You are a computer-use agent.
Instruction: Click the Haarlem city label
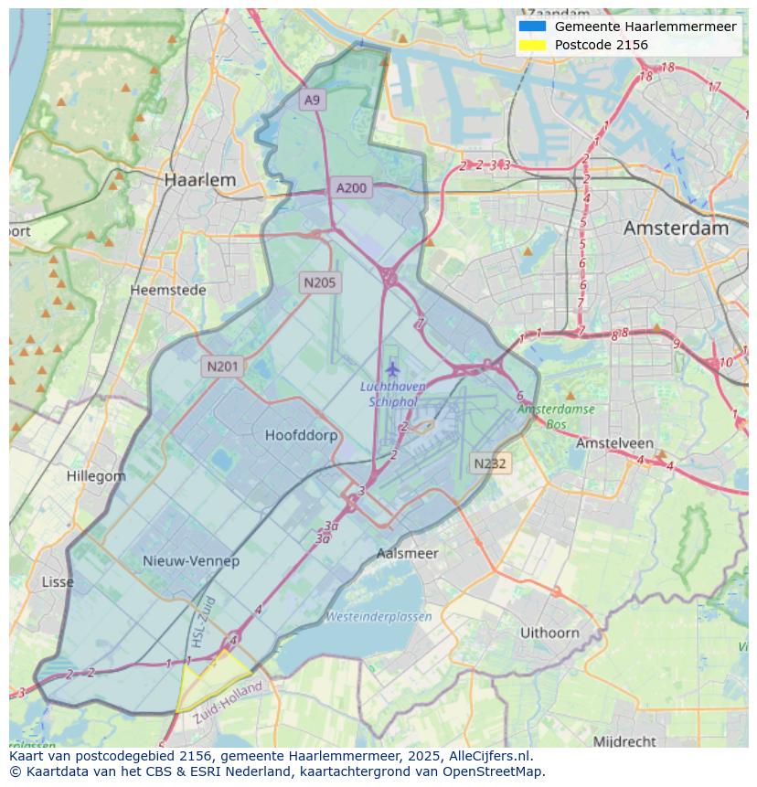pyautogui.click(x=199, y=180)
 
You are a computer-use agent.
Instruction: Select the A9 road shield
pyautogui.click(x=313, y=100)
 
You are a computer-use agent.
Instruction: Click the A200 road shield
pyautogui.click(x=351, y=188)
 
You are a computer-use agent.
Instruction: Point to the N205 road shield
pyautogui.click(x=320, y=282)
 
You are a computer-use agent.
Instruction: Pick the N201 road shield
pyautogui.click(x=222, y=367)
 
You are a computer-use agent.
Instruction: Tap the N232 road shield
pyautogui.click(x=490, y=463)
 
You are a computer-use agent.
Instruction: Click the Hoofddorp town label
pyautogui.click(x=301, y=435)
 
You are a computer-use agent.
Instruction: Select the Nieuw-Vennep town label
pyautogui.click(x=191, y=560)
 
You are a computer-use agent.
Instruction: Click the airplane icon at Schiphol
pyautogui.click(x=393, y=369)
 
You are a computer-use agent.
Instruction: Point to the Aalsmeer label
pyautogui.click(x=408, y=553)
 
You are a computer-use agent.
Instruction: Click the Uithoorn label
pyautogui.click(x=549, y=633)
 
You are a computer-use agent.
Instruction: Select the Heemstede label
pyautogui.click(x=168, y=290)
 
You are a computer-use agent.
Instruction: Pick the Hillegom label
pyautogui.click(x=96, y=476)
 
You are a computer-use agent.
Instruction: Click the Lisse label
pyautogui.click(x=59, y=581)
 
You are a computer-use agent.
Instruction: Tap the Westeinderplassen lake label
pyautogui.click(x=378, y=617)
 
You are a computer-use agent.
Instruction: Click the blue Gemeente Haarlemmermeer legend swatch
pyautogui.click(x=531, y=27)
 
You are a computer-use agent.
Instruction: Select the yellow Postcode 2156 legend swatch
pyautogui.click(x=531, y=45)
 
